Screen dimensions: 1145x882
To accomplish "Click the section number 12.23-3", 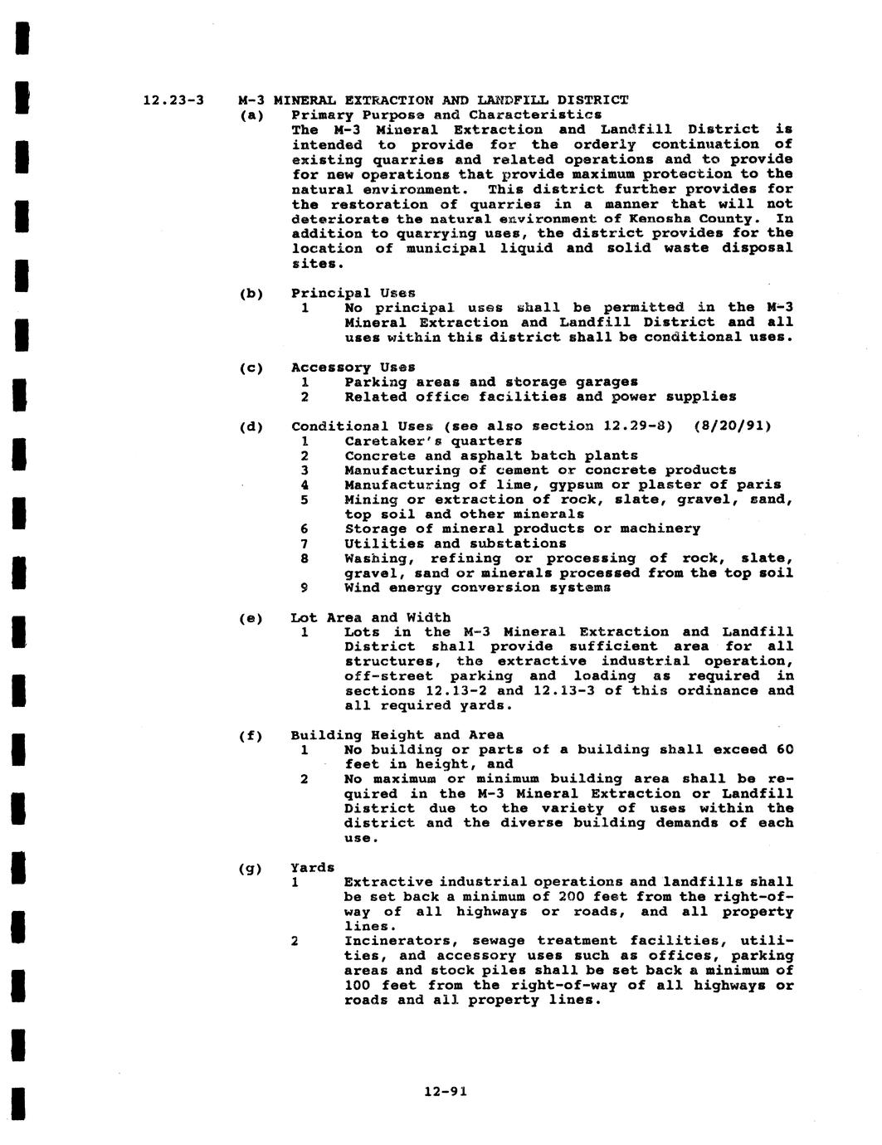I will click(173, 100).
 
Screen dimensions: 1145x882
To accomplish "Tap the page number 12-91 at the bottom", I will click(445, 1092).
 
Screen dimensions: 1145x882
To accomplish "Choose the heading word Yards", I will click(312, 868).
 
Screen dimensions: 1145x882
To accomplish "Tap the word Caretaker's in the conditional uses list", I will click(392, 441).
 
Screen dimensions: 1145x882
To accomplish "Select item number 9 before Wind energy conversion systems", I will click(305, 588).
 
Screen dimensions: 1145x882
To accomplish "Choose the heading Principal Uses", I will click(353, 293).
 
